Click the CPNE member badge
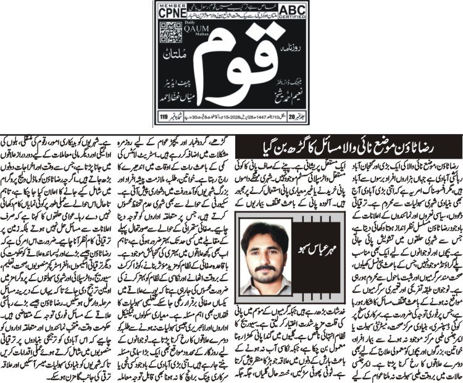pos(170,11)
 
